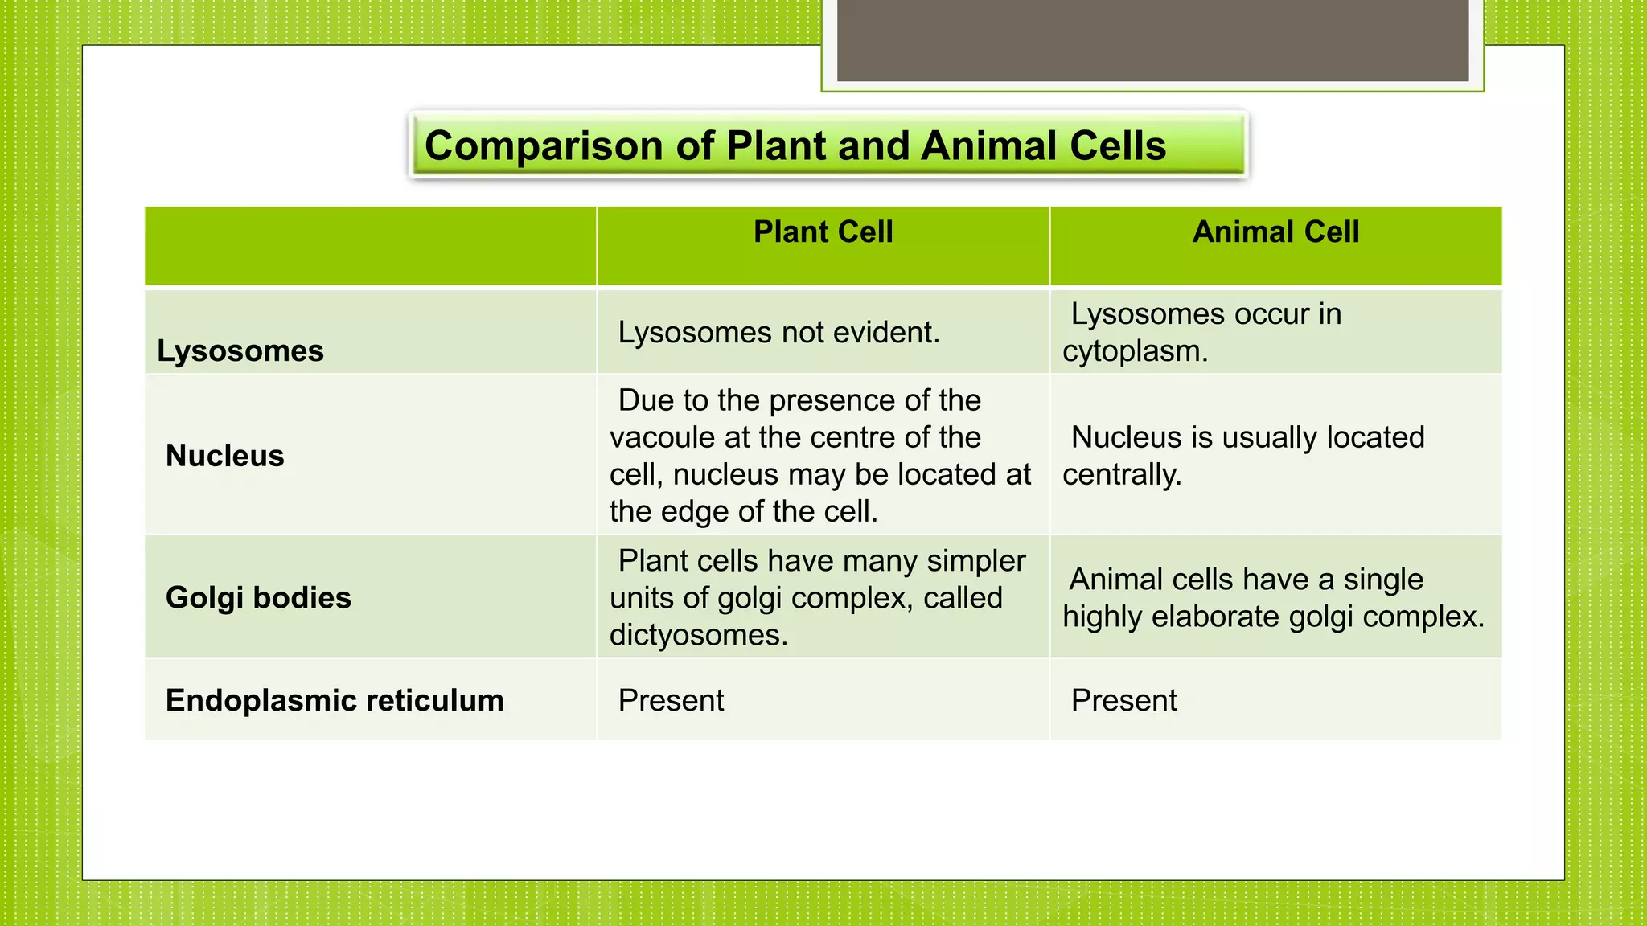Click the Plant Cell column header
tap(823, 232)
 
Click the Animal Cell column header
tap(1275, 232)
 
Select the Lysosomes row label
tap(240, 351)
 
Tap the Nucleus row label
tap(225, 456)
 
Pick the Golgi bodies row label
tap(258, 598)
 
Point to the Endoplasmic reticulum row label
tap(335, 700)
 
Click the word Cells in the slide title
tap(1118, 146)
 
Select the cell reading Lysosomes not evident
tap(778, 333)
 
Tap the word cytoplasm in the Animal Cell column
tap(1134, 352)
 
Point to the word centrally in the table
tap(1121, 475)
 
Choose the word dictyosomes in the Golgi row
tap(697, 636)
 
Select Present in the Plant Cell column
tap(671, 701)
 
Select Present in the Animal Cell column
tap(1123, 701)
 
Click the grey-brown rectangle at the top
tap(1152, 40)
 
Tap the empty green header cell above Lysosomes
tap(370, 245)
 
